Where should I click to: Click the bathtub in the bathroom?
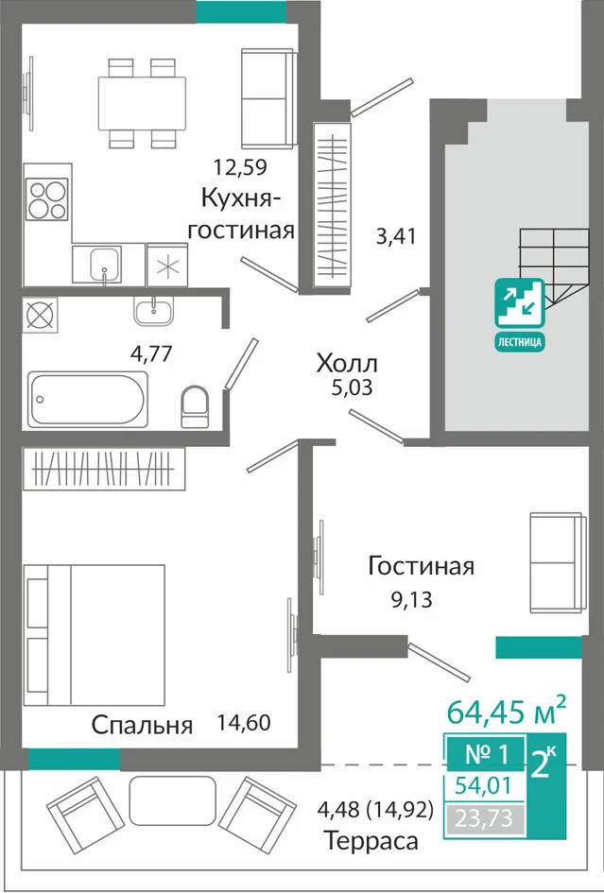click(88, 398)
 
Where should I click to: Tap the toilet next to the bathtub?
click(195, 406)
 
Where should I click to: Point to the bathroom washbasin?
click(153, 311)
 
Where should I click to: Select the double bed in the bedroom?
click(94, 635)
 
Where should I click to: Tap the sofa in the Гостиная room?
click(557, 562)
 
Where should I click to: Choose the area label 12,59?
click(240, 167)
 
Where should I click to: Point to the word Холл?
click(348, 363)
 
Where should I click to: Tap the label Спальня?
click(143, 726)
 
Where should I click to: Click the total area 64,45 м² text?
click(507, 711)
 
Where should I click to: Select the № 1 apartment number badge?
click(487, 755)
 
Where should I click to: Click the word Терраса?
click(371, 841)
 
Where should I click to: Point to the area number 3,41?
click(395, 236)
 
